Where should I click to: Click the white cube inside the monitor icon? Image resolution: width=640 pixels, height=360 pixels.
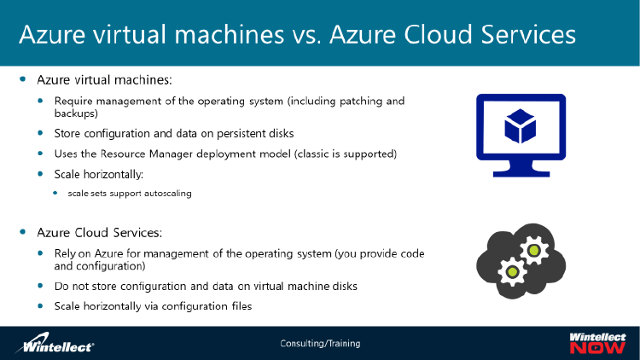pos(520,125)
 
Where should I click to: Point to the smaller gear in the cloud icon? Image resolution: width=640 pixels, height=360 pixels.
pos(512,272)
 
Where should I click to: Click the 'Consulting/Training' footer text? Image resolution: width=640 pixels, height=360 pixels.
pos(320,344)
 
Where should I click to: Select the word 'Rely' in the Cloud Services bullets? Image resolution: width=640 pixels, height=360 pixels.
pos(66,253)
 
